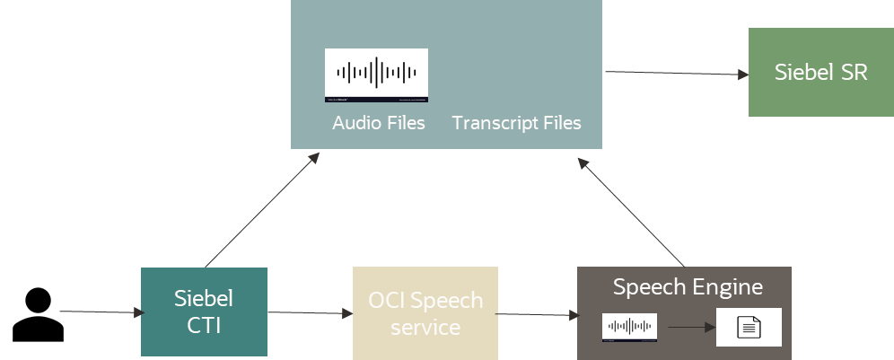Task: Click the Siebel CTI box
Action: pyautogui.click(x=204, y=311)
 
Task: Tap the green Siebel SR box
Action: pyautogui.click(x=820, y=72)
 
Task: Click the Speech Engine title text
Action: pyautogui.click(x=688, y=287)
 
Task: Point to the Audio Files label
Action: pyautogui.click(x=378, y=122)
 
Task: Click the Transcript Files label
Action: pyautogui.click(x=516, y=122)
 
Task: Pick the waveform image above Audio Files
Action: pyautogui.click(x=376, y=75)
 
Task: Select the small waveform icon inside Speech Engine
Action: pyautogui.click(x=629, y=327)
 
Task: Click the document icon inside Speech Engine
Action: pyautogui.click(x=749, y=328)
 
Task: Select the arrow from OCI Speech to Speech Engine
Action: pyautogui.click(x=536, y=315)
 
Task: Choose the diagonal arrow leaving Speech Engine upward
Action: pyautogui.click(x=632, y=214)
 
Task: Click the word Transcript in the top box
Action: pyautogui.click(x=492, y=122)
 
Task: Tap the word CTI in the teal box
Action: pyautogui.click(x=204, y=325)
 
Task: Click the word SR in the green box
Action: pyautogui.click(x=853, y=72)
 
